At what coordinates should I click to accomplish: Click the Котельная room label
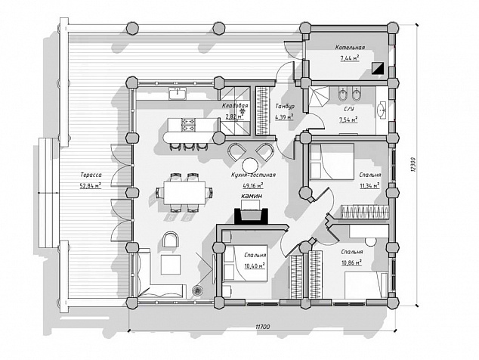[350, 48]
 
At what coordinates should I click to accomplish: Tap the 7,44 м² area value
[350, 57]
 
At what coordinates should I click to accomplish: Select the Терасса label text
[91, 175]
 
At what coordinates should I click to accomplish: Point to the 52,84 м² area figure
[91, 185]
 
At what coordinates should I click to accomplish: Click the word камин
[252, 196]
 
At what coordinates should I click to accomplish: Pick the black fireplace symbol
[251, 216]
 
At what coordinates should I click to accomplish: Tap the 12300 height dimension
[413, 165]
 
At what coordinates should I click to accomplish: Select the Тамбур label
[285, 107]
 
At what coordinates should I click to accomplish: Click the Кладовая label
[235, 106]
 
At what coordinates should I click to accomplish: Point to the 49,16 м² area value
[253, 185]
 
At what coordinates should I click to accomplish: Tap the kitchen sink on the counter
[178, 93]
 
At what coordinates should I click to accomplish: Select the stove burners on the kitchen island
[188, 125]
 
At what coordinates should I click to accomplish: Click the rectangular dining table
[184, 192]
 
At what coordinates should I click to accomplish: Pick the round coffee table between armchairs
[250, 166]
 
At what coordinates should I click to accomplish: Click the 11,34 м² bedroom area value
[370, 185]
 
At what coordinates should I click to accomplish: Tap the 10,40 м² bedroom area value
[255, 265]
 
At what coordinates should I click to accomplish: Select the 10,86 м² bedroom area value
[352, 262]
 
